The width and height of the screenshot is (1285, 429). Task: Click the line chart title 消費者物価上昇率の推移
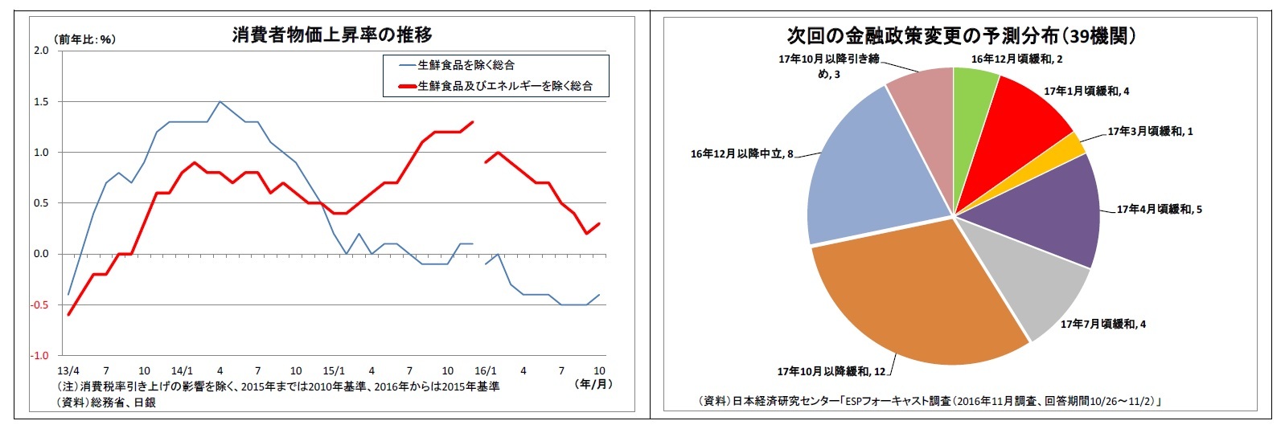click(332, 35)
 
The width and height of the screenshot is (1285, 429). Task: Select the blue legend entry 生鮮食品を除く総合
click(466, 65)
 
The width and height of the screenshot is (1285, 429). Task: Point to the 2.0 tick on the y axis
click(40, 51)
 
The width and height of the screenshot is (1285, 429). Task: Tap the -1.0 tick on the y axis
click(39, 355)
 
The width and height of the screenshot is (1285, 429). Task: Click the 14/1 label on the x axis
click(182, 370)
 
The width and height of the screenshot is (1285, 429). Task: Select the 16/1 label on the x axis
click(486, 370)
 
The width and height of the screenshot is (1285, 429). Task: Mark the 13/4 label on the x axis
click(68, 370)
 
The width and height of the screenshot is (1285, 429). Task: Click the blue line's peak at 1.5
click(220, 102)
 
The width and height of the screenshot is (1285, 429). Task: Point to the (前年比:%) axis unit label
click(84, 39)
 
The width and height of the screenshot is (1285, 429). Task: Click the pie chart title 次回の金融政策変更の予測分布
click(960, 36)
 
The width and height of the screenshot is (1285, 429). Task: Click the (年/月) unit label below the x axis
click(593, 384)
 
